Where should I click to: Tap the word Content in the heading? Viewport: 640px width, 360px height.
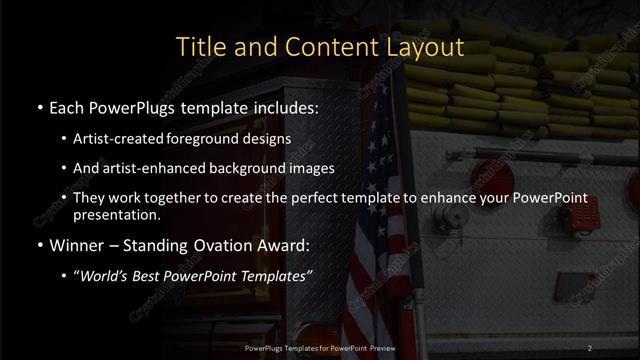tap(328, 47)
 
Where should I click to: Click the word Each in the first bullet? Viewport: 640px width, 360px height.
tap(68, 105)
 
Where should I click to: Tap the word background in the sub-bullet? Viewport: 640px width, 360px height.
tap(250, 168)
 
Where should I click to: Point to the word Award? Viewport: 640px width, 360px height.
tap(284, 244)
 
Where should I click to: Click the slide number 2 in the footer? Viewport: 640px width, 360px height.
tap(590, 347)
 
